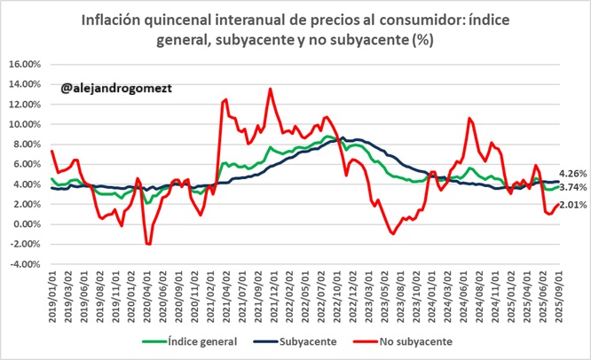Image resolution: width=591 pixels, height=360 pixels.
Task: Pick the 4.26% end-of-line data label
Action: [573, 173]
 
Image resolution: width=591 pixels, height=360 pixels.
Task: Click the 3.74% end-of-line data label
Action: [573, 187]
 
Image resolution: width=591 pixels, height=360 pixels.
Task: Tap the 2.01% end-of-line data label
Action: [573, 205]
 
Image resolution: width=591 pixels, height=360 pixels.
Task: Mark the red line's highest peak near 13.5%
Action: [270, 89]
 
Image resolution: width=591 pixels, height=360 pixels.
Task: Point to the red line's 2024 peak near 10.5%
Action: [469, 118]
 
